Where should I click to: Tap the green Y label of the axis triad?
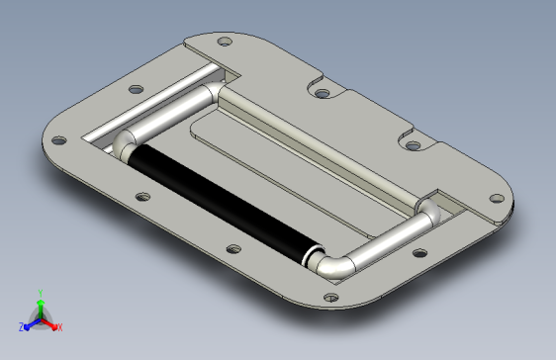[41, 293]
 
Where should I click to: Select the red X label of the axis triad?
[60, 327]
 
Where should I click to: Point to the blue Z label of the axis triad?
[22, 326]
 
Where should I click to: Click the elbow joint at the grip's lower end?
[331, 265]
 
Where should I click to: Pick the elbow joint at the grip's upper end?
[123, 145]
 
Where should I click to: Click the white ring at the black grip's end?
[307, 257]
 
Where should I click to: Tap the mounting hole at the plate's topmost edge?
[225, 42]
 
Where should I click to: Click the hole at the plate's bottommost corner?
[330, 298]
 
